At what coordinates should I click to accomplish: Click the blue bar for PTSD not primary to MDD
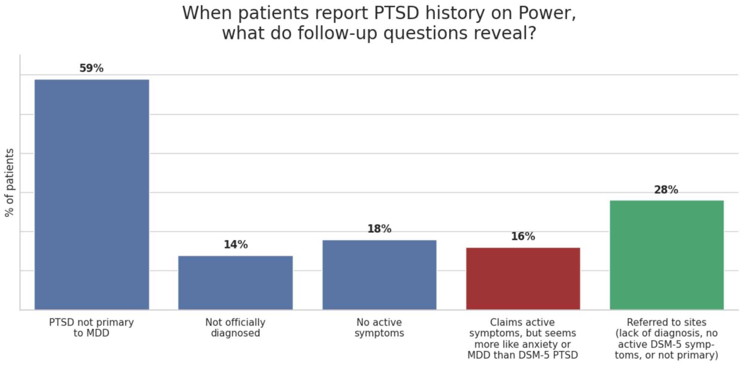click(x=92, y=194)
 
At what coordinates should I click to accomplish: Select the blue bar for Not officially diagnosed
click(x=235, y=283)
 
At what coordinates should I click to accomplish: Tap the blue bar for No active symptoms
click(x=379, y=275)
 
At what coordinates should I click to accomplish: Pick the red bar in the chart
click(x=523, y=279)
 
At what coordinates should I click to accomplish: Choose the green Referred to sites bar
click(x=667, y=255)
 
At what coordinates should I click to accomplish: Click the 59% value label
click(x=92, y=68)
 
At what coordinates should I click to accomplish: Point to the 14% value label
click(x=235, y=245)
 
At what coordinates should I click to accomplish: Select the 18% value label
click(x=379, y=229)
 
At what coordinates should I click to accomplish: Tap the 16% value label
click(x=523, y=237)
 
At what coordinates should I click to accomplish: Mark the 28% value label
click(x=666, y=190)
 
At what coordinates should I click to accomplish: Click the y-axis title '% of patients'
click(x=9, y=183)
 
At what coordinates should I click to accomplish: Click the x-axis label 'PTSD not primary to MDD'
click(x=92, y=328)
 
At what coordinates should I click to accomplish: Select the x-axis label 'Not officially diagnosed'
click(x=235, y=328)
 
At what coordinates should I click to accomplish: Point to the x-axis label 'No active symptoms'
click(x=379, y=328)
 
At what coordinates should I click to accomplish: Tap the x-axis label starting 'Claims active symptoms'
click(x=523, y=339)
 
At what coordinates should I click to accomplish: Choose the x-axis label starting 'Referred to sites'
click(x=667, y=339)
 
